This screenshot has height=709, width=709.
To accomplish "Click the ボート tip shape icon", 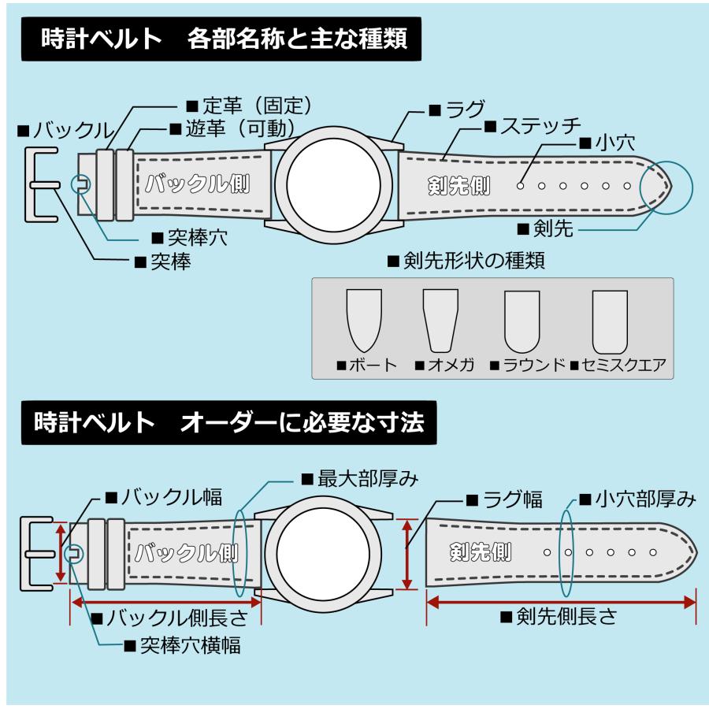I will coord(364,319).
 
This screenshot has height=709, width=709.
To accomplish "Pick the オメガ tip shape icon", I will coord(440,319).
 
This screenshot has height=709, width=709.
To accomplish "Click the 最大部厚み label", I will coord(358,478).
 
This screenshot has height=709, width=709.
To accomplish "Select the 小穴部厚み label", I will coord(637,499).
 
